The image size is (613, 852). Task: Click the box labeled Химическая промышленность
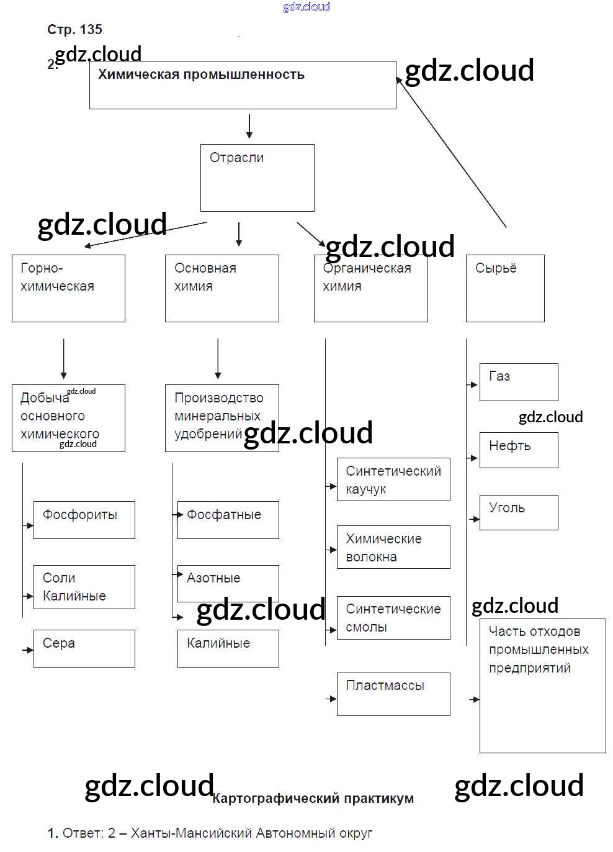243,85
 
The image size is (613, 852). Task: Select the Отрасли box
257,178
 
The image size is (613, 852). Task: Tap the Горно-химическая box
68,288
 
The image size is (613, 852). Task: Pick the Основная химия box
221,288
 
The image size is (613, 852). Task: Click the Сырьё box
505,288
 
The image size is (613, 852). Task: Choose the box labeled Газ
519,382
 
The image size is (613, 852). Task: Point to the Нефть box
519,450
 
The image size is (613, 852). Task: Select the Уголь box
519,512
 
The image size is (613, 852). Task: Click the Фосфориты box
84,520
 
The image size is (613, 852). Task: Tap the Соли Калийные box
84,587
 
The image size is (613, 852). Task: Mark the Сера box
84,648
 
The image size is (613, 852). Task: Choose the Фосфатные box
228,520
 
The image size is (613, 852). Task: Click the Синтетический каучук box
393,479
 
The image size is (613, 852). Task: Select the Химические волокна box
393,547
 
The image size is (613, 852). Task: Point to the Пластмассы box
393,694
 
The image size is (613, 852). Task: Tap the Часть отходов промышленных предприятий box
542,686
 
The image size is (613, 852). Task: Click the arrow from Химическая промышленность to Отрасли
249,126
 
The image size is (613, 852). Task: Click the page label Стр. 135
74,29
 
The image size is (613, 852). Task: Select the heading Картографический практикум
313,799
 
